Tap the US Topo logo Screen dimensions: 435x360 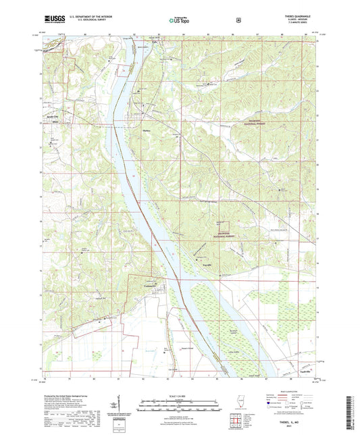point(179,20)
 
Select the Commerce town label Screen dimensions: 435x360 point(150,285)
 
